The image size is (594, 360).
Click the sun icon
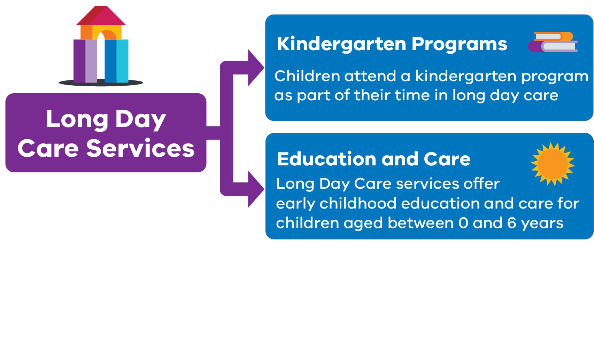click(553, 164)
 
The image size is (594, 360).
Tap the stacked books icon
click(553, 42)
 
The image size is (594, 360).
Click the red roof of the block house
click(101, 16)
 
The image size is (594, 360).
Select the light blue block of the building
click(122, 61)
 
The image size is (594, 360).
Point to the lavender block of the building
click(91, 61)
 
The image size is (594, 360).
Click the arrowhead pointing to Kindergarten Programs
click(255, 68)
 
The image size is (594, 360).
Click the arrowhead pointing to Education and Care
click(255, 189)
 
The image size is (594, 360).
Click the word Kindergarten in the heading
click(341, 44)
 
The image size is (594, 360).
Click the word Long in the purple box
click(77, 119)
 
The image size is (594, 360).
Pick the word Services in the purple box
click(140, 148)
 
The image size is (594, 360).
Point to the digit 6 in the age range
click(511, 223)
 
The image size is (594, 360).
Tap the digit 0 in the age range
click(463, 223)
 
